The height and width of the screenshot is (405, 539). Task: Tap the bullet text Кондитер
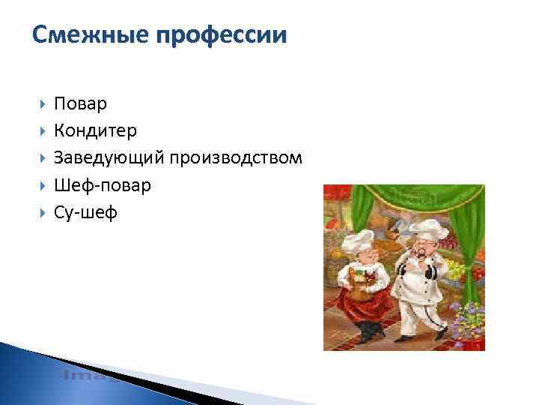(95, 130)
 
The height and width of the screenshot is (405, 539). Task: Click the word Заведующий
(109, 158)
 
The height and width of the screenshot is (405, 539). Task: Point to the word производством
(236, 158)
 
